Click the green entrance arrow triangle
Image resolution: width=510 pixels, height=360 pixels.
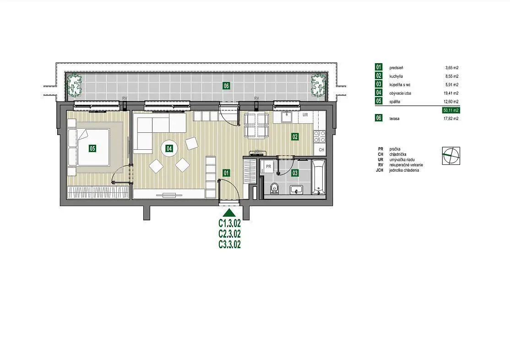tap(230, 213)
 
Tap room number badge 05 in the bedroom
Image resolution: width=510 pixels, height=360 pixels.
tap(92, 148)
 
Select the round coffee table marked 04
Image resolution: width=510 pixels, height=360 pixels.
tap(169, 148)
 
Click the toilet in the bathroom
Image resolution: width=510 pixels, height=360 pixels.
tap(275, 188)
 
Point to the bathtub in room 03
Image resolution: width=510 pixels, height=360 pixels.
tap(319, 177)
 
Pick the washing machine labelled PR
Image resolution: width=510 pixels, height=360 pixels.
tap(268, 167)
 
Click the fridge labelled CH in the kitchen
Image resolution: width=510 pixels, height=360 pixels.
tap(321, 150)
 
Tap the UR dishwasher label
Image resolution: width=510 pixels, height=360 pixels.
tap(305, 115)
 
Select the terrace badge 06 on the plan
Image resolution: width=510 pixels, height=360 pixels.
tap(226, 86)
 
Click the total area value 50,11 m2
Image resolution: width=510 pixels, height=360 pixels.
tap(451, 110)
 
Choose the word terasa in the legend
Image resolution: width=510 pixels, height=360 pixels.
tap(395, 119)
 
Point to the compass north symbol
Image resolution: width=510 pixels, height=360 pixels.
tap(451, 156)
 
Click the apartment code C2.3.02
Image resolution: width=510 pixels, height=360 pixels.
tap(230, 234)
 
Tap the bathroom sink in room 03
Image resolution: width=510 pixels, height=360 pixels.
tap(296, 190)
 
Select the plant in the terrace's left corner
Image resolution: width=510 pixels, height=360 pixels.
tap(74, 85)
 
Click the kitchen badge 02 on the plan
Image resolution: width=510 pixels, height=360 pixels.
tap(295, 136)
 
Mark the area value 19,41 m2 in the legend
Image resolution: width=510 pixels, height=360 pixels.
tap(451, 93)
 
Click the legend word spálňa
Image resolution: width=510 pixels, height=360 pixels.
tap(395, 102)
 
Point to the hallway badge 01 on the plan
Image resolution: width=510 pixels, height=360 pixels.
tap(226, 173)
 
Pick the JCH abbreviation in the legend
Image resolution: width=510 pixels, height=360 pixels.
tap(380, 170)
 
